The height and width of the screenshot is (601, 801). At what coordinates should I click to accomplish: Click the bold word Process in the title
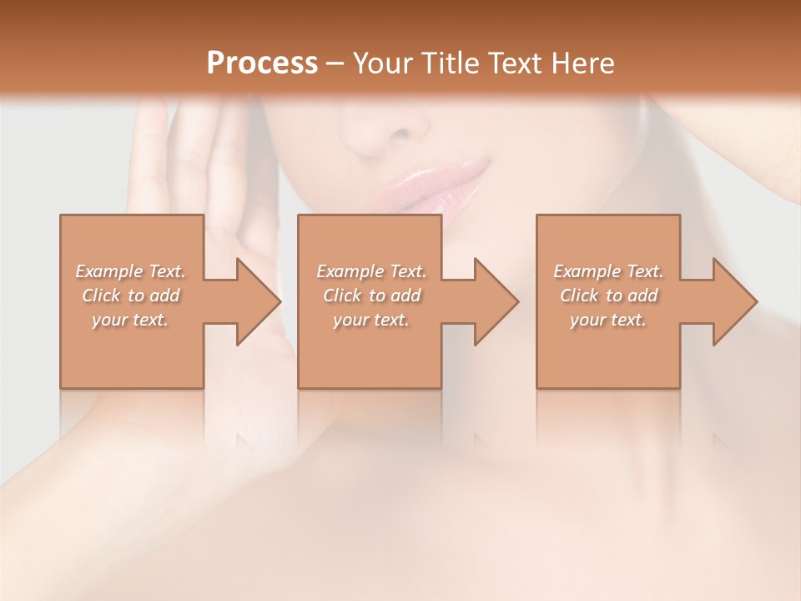pos(262,63)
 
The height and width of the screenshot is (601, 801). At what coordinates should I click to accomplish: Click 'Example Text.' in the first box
pos(131,271)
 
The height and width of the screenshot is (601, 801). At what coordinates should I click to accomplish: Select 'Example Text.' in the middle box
pos(371,271)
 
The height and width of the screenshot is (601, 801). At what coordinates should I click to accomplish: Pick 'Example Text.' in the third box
pos(608,271)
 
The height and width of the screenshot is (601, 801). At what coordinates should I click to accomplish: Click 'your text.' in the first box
pos(131,320)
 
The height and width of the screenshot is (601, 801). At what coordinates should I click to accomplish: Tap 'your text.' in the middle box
pos(371,320)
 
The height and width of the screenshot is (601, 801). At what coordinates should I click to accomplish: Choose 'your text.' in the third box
pos(608,320)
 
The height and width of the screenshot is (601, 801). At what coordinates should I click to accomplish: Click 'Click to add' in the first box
pos(131,295)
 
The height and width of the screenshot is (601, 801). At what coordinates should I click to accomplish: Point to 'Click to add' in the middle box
pos(371,295)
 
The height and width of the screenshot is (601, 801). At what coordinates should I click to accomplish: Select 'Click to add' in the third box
pos(608,295)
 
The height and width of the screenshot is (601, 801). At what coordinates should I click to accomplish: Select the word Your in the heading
pos(382,63)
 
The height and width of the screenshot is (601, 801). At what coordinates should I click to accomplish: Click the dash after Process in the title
pos(335,63)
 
